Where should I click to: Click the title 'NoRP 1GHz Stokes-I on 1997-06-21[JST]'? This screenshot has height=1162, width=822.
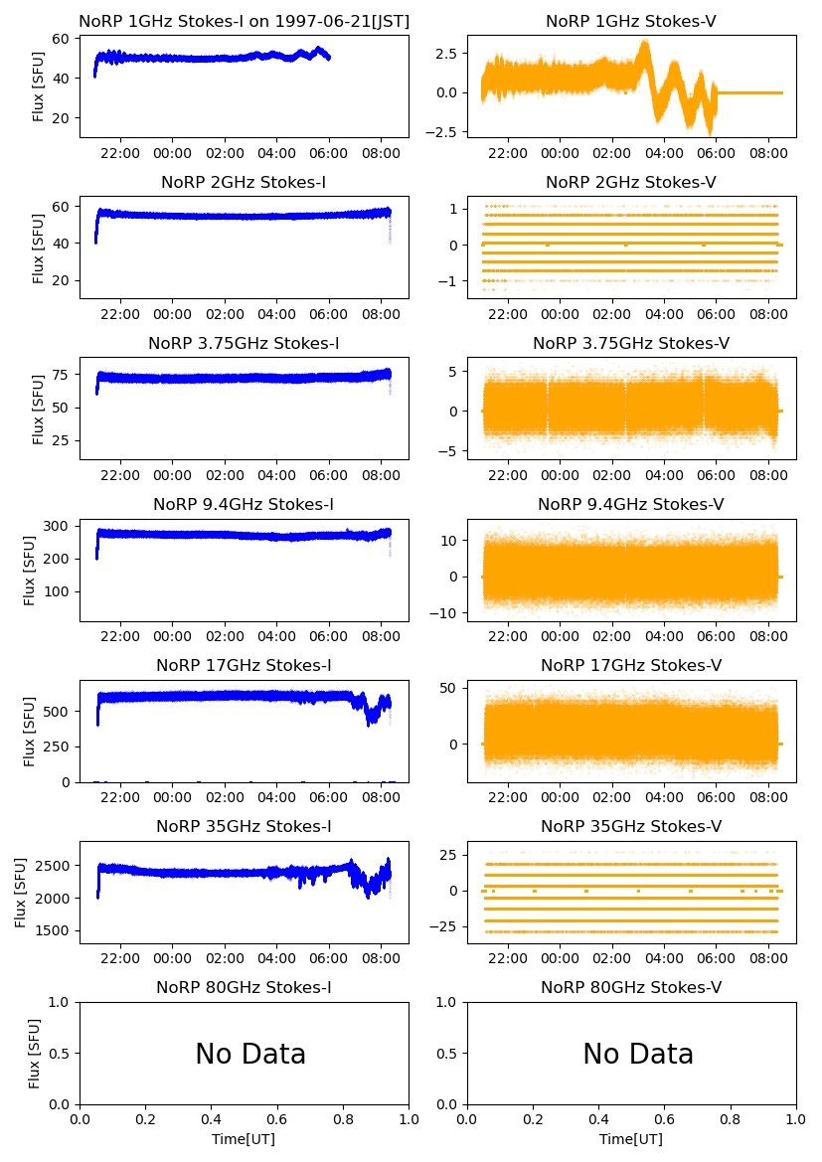coord(244,21)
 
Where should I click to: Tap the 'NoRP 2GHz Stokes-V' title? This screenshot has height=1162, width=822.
coord(631,182)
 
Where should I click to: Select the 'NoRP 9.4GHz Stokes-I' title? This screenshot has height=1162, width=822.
coord(244,504)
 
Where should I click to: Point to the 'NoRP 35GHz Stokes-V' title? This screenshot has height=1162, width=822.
coord(631,826)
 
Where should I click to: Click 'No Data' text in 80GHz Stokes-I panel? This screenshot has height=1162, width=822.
coord(250,1054)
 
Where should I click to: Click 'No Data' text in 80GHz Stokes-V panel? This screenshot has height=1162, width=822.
coord(638,1054)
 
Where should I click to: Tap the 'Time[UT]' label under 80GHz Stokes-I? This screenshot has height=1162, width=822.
coord(244,1139)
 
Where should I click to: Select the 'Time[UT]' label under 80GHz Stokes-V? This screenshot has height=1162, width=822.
coord(631,1139)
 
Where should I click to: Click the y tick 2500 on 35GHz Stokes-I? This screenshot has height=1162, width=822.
coord(56,866)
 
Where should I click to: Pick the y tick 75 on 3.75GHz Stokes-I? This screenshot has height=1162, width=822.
coord(64,375)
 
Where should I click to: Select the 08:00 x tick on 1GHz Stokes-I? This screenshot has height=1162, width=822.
coord(382,153)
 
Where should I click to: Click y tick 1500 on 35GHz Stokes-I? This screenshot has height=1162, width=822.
coord(56,931)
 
